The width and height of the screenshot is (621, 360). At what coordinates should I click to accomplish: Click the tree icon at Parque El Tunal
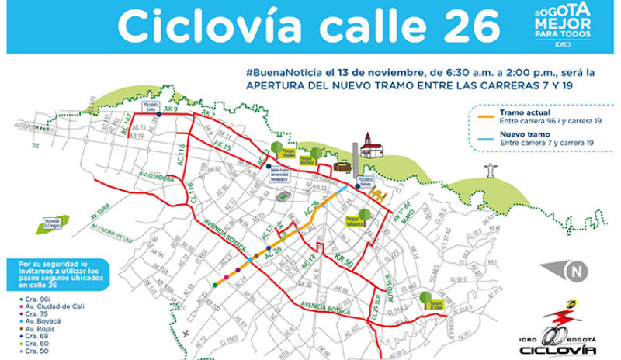pos(424,297)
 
